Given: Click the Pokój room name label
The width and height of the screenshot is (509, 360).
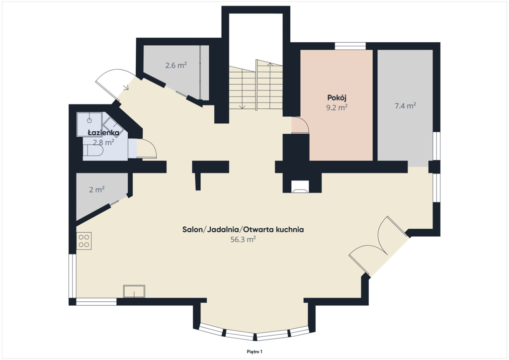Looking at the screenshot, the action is point(337,98).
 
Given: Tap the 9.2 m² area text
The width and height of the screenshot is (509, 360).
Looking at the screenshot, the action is point(337,107).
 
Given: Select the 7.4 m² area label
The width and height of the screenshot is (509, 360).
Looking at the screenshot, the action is point(406,106).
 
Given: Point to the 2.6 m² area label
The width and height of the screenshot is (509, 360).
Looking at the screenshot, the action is point(176,65).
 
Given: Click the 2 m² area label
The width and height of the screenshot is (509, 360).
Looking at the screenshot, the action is point(97,189).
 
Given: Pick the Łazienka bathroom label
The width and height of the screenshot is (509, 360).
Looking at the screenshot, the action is point(103,132).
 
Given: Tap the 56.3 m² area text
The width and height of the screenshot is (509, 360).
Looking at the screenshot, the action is point(243,240).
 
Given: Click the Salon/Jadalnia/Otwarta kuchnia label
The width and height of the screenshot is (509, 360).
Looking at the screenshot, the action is point(243,230).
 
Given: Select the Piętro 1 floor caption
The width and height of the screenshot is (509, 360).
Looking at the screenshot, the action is point(254,352).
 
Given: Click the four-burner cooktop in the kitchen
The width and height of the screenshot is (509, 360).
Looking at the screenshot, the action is point(84,241).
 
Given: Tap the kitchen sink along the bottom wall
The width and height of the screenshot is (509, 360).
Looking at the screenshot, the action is point(134,291).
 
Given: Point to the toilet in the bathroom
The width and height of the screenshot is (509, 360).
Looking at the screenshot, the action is point(93,150).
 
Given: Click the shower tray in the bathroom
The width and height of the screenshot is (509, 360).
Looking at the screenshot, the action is point(89,124).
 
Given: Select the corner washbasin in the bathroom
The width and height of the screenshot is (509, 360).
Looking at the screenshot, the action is point(111,124).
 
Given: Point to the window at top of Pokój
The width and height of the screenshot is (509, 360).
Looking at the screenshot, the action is point(350,46).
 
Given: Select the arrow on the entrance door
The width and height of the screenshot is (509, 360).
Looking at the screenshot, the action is point(126,87).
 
